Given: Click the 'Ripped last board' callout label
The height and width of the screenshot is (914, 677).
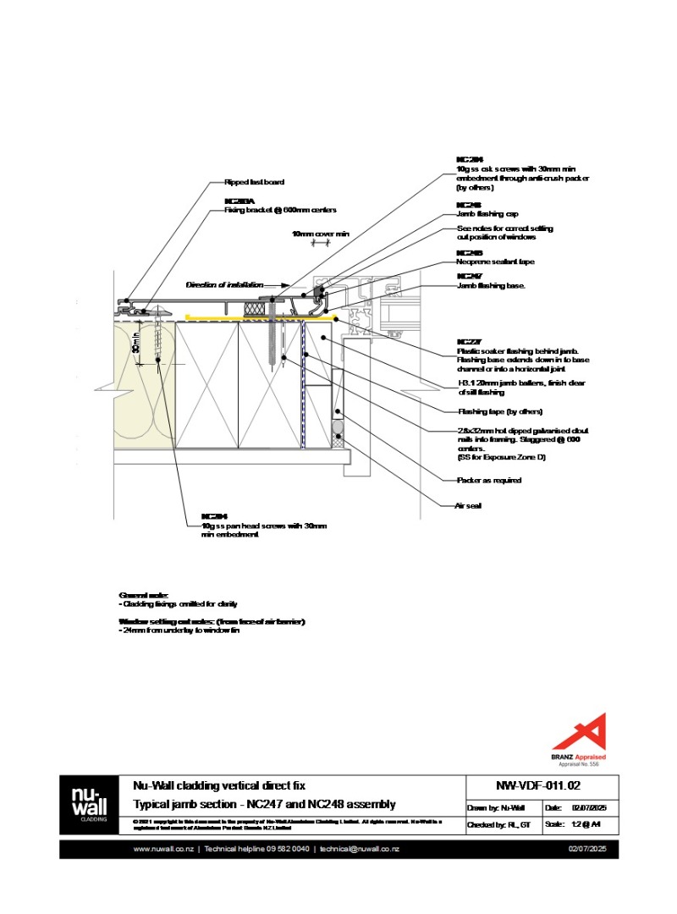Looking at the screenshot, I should [254, 182].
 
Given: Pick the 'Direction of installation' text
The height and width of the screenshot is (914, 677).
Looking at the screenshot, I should [224, 285].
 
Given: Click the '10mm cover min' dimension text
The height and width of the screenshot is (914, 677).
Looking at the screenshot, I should [321, 234].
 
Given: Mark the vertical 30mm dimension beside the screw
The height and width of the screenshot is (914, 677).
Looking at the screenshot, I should [137, 341].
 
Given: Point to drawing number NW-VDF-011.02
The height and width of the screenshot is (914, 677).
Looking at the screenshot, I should [542, 785].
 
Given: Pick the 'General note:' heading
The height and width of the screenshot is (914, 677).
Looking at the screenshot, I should [144, 596].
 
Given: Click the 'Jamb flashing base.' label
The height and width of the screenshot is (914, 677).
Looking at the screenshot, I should [491, 286].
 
